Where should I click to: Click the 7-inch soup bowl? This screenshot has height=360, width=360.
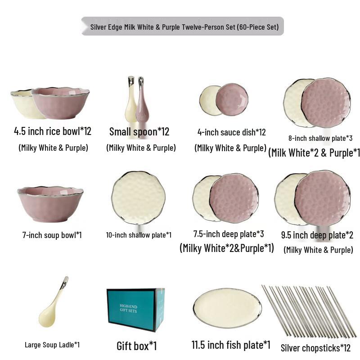[50, 204]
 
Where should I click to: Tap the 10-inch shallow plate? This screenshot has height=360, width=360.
[138, 198]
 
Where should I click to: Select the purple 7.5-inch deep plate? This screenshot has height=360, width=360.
[234, 198]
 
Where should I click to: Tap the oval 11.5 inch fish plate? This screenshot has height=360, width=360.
[227, 308]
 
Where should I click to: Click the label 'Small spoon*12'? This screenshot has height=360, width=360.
[139, 132]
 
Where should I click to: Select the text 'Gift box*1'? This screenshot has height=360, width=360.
[136, 346]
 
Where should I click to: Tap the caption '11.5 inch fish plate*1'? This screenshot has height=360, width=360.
[231, 345]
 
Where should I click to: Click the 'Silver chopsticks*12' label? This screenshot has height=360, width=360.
[315, 348]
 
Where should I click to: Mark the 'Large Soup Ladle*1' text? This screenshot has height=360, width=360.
[52, 345]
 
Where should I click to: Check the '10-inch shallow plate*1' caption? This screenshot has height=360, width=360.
[139, 235]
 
